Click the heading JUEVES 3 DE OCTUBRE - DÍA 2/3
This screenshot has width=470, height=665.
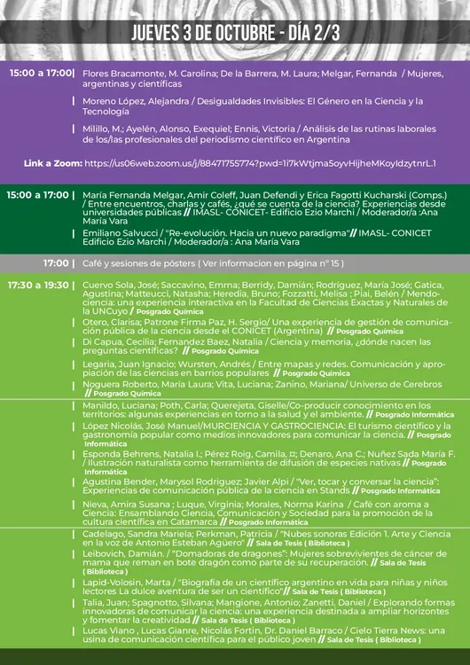coord(235,33)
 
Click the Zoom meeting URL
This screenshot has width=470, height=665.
coord(260,164)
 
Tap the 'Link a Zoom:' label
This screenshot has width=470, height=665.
coord(51,164)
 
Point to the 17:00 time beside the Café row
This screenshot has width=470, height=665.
coord(58,263)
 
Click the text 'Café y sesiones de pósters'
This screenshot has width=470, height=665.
coord(138,263)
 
